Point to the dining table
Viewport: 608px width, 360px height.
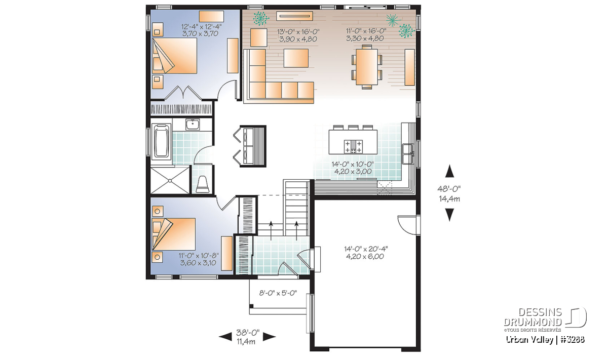(367, 67)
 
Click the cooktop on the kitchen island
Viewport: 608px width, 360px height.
(353, 146)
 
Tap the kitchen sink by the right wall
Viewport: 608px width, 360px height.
(408, 154)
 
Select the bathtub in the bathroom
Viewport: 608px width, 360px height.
(161, 141)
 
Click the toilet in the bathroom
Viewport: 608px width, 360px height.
(203, 184)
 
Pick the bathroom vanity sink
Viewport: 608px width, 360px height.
(193, 125)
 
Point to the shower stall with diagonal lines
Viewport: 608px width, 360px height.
(170, 180)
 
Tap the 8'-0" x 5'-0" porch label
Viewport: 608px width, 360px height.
(278, 293)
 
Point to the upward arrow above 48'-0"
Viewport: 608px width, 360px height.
(449, 171)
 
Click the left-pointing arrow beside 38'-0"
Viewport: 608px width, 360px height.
(225, 337)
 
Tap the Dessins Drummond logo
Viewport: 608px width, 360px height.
(545, 319)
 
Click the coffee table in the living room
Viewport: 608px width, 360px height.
(296, 58)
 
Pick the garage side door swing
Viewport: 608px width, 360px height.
(407, 225)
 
